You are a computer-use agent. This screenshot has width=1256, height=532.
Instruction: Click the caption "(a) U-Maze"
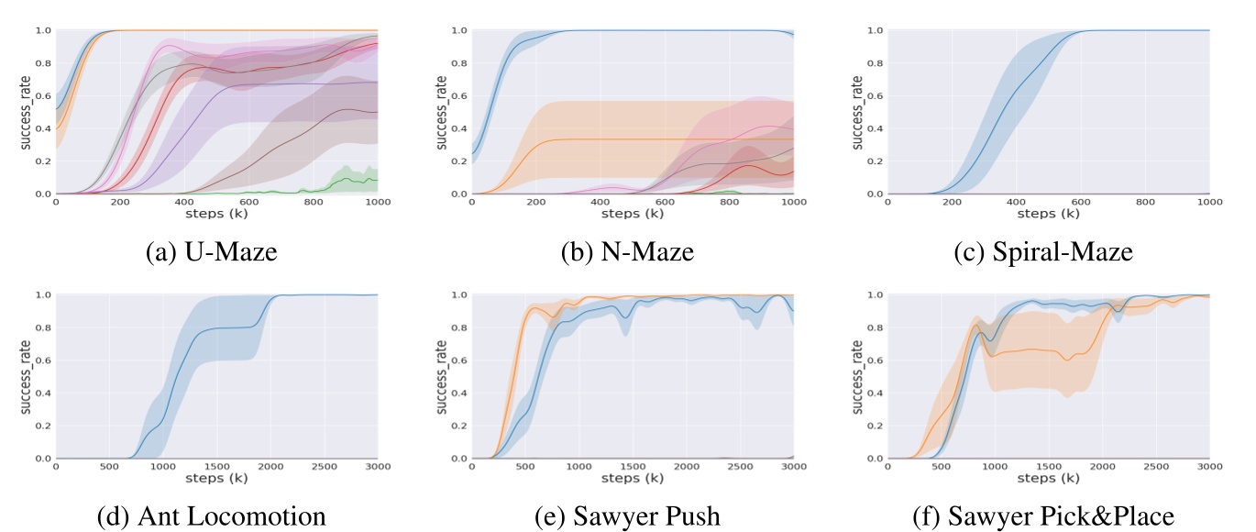pyautogui.click(x=211, y=251)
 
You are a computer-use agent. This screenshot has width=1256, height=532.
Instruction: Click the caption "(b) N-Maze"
pyautogui.click(x=627, y=251)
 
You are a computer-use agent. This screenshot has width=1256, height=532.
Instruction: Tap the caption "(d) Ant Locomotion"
pyautogui.click(x=211, y=516)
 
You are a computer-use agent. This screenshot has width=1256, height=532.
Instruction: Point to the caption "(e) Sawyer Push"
pyautogui.click(x=627, y=516)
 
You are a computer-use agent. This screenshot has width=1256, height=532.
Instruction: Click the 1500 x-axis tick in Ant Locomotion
pyautogui.click(x=216, y=467)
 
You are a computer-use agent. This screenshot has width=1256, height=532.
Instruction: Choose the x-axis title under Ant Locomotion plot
pyautogui.click(x=216, y=478)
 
